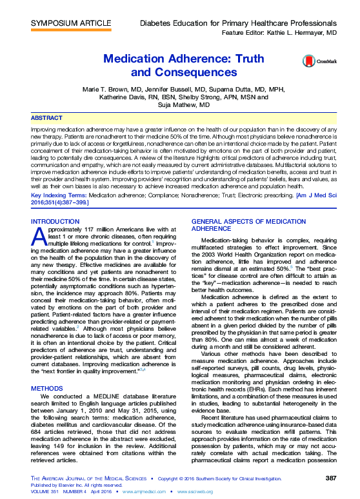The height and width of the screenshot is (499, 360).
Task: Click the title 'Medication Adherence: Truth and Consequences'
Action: point(179,64)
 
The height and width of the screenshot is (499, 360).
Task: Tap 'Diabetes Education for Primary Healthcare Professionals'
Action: point(238,23)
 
